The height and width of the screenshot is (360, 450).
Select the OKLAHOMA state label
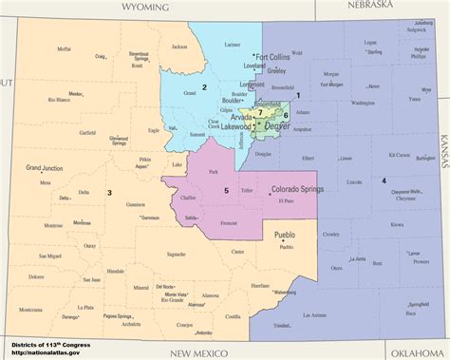point(415,351)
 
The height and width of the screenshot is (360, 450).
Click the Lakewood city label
point(239,125)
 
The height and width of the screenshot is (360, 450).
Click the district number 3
point(109,193)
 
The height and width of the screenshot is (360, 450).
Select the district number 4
point(384,180)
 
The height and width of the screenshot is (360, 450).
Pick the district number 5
point(226,191)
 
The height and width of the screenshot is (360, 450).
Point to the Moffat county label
point(64,48)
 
